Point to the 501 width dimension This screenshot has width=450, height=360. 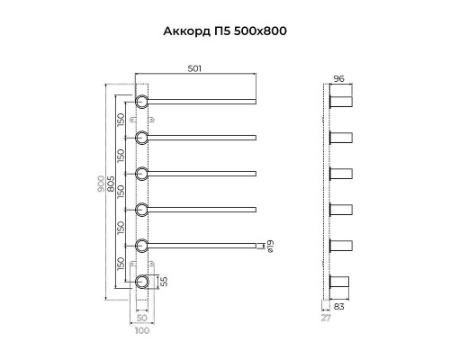point(194,69)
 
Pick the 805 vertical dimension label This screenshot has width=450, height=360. point(111,190)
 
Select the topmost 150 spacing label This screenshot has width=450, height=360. point(121,119)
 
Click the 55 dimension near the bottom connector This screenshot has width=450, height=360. point(163,283)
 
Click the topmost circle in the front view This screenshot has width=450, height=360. point(142,101)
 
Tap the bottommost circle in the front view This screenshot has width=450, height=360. point(142,282)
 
